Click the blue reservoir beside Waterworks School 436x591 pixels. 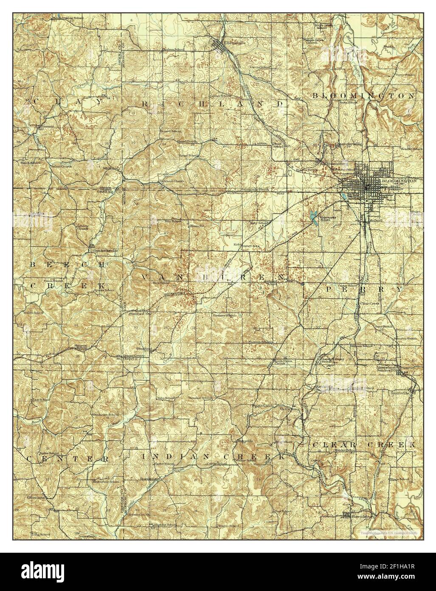click(x=314, y=217)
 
